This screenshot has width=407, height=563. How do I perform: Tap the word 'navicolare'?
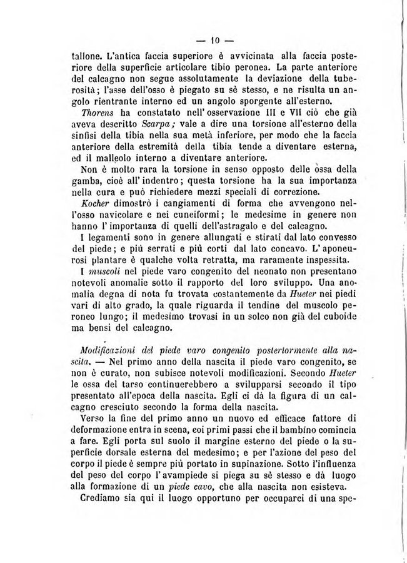tap(107, 214)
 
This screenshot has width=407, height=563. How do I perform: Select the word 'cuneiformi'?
tap(174, 214)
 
